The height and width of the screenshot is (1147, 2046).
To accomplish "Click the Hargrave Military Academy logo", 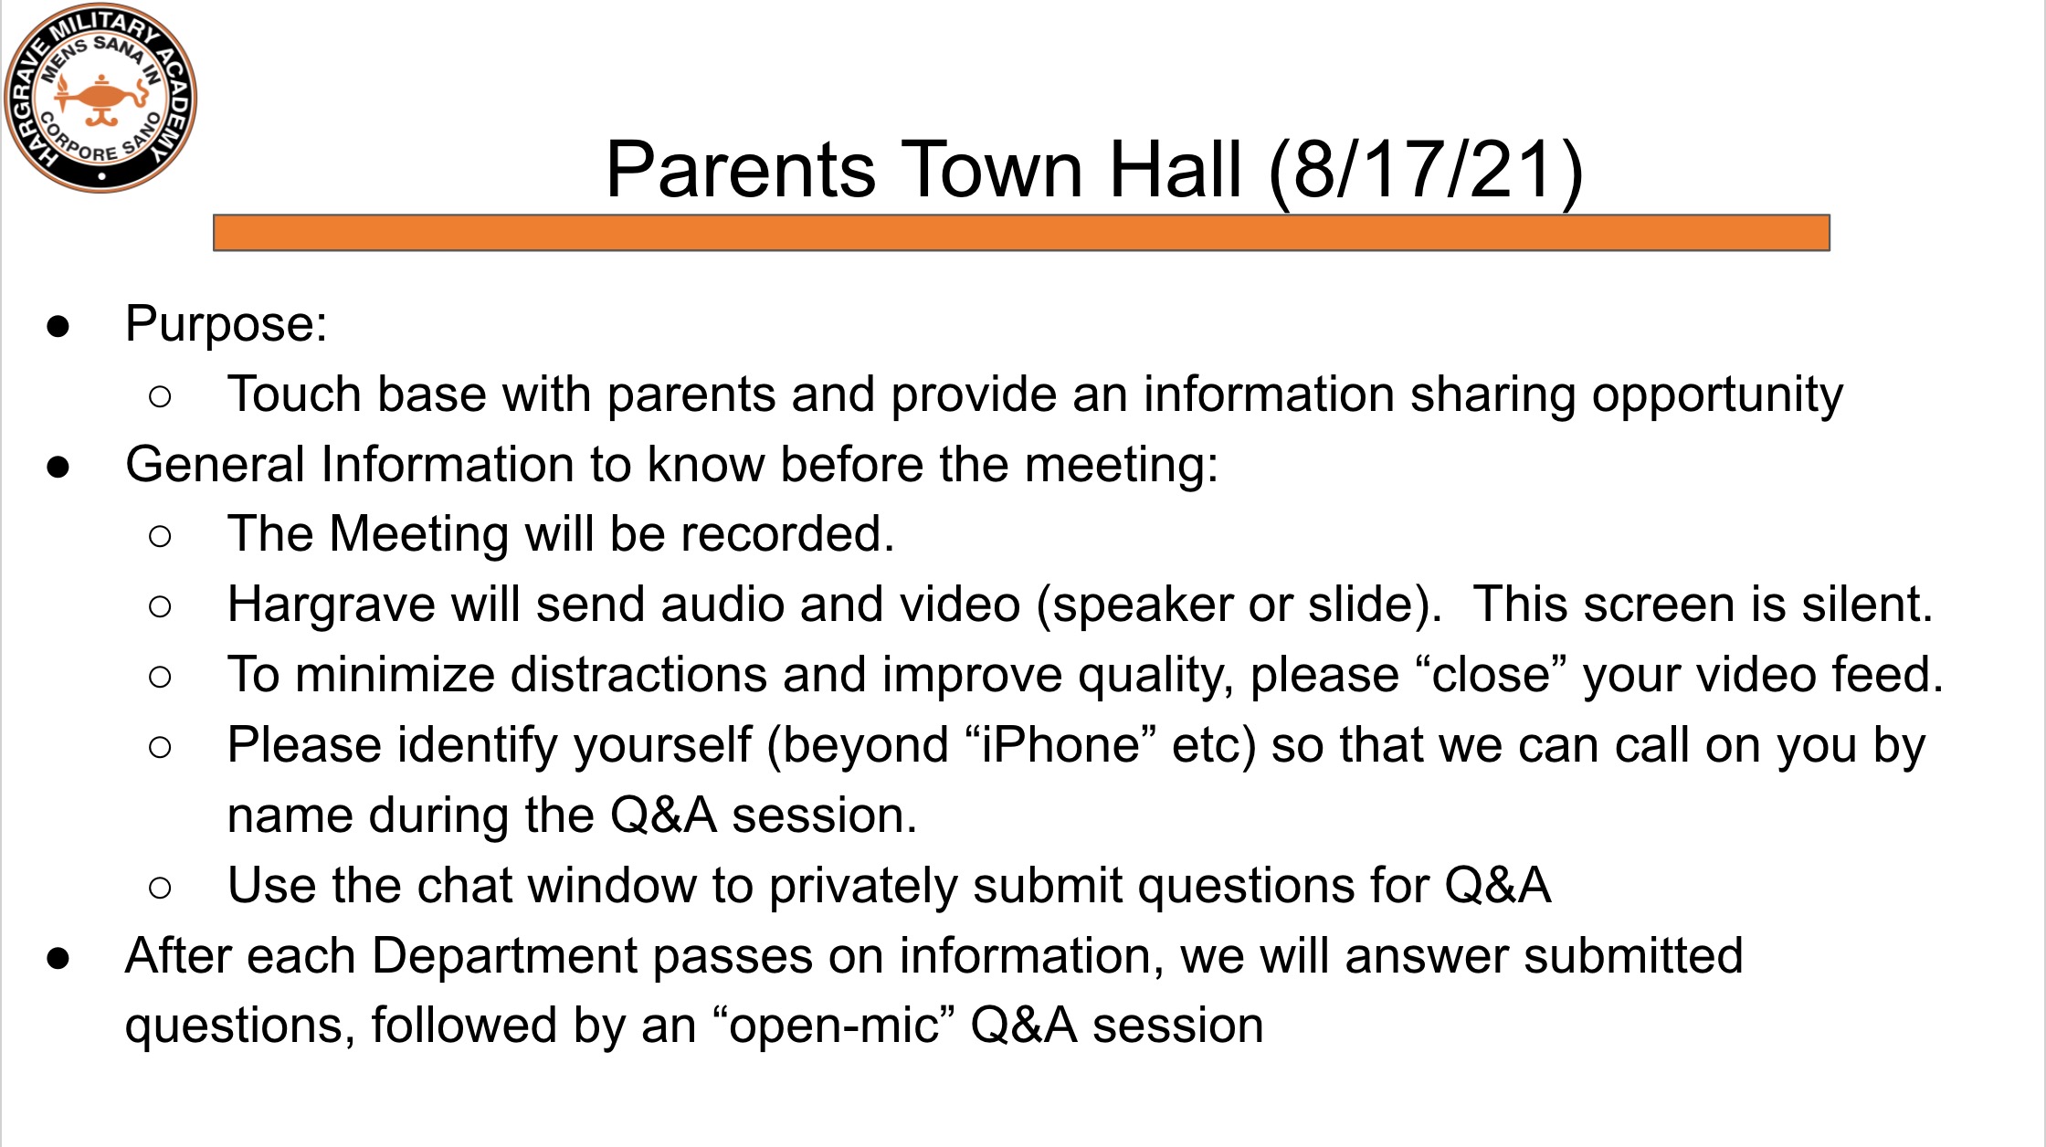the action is coord(100,99).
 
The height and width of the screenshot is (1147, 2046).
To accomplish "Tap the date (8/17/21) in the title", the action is coord(1426,171).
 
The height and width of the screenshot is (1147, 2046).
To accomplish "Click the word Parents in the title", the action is coord(741,170).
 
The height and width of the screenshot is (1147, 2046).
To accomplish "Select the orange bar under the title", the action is coord(1021,233).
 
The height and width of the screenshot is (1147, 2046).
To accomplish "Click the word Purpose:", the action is coord(227,325).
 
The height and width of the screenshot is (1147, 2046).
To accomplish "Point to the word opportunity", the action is coord(1717,396).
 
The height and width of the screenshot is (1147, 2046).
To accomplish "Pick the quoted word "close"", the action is coord(1491,675).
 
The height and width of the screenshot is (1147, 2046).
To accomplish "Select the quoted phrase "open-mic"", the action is coord(833,1026).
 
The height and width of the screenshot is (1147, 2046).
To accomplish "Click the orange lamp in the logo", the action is coord(101,99).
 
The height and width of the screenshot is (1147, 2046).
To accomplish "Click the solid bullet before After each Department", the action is coord(58,959).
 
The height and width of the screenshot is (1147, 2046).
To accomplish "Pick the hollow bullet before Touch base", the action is coord(159,396).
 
